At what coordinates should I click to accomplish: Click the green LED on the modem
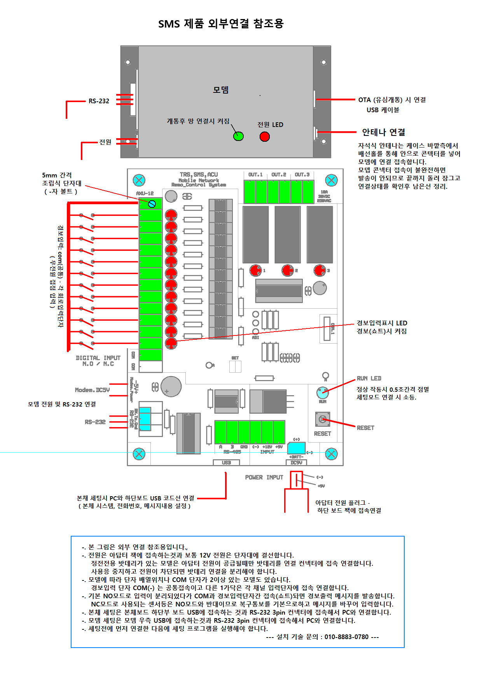pos(238,136)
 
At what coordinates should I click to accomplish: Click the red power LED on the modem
pos(265,137)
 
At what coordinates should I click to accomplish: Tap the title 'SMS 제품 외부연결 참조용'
pos(221,24)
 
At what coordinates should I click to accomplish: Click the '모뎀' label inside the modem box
pos(221,90)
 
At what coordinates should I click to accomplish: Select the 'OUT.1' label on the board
pos(255,175)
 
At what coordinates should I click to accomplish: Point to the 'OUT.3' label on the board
pos(302,175)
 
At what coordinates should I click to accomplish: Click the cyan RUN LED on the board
pos(322,393)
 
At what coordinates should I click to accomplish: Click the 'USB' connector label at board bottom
pos(226,462)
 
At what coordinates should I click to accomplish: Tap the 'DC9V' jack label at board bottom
pos(296,462)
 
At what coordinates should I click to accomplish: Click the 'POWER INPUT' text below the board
pos(264,477)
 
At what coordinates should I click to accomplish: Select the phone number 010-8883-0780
pos(346,637)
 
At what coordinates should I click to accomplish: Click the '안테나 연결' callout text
pos(383,132)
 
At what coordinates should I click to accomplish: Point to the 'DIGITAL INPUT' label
pos(98,358)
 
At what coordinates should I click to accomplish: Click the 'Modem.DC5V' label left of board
pos(92,390)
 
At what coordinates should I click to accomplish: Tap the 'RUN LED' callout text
pos(369,378)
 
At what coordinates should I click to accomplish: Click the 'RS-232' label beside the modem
pos(99,101)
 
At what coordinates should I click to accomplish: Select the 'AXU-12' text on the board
pos(145,193)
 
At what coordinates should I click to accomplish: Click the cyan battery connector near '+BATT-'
pos(296,448)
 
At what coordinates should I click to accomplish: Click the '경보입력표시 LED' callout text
pos(382,323)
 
